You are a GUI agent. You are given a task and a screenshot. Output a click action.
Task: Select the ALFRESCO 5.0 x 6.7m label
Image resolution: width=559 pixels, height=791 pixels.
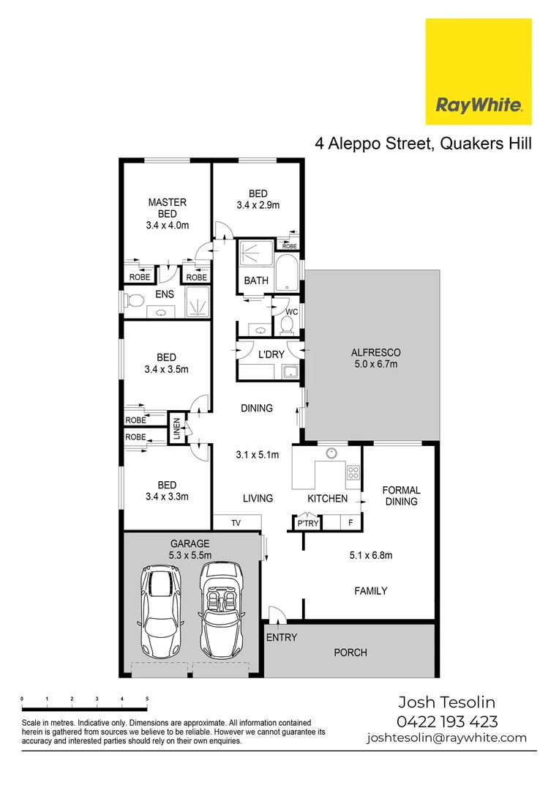tap(376, 358)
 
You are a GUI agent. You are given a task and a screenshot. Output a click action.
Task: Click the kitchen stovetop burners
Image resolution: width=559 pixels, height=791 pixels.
tap(353, 472)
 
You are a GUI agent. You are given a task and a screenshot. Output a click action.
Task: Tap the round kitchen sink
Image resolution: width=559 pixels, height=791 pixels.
tap(331, 453)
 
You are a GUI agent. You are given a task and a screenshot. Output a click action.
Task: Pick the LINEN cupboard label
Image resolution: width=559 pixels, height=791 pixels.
tap(177, 429)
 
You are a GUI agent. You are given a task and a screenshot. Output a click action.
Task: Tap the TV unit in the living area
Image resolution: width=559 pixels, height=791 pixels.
tap(236, 523)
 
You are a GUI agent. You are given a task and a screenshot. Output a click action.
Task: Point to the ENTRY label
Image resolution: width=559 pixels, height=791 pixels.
tap(282, 637)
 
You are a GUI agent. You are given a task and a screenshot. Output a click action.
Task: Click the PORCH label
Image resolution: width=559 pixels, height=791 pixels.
tap(350, 652)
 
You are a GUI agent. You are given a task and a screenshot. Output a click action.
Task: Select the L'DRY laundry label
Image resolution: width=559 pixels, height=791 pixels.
tap(271, 355)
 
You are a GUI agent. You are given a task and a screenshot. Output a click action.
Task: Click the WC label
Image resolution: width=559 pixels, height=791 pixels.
tap(292, 313)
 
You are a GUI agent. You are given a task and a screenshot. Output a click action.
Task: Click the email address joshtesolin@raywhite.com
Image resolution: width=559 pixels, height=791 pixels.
tap(446, 738)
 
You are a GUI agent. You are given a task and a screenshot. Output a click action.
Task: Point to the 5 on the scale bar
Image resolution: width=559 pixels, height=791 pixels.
tap(147, 699)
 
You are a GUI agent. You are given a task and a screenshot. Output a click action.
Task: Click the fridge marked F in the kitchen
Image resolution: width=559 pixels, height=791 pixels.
tap(351, 523)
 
